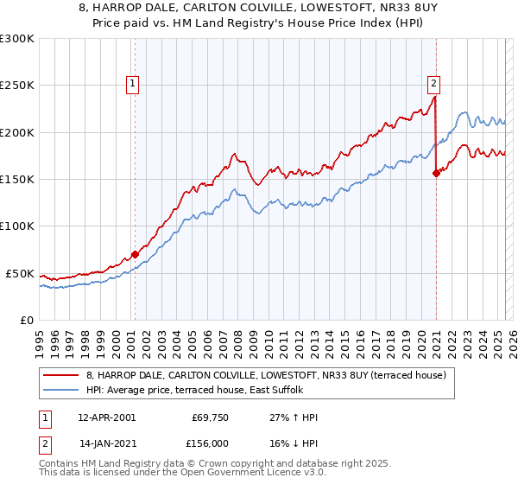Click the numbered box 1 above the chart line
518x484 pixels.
click(x=133, y=84)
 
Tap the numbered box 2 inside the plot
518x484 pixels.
click(x=433, y=84)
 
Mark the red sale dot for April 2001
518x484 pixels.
click(x=135, y=254)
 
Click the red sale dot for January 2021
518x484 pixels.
click(x=436, y=173)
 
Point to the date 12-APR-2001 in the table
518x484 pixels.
click(x=107, y=417)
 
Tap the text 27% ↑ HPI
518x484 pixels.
click(x=294, y=417)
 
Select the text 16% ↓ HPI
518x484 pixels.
click(x=294, y=442)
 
